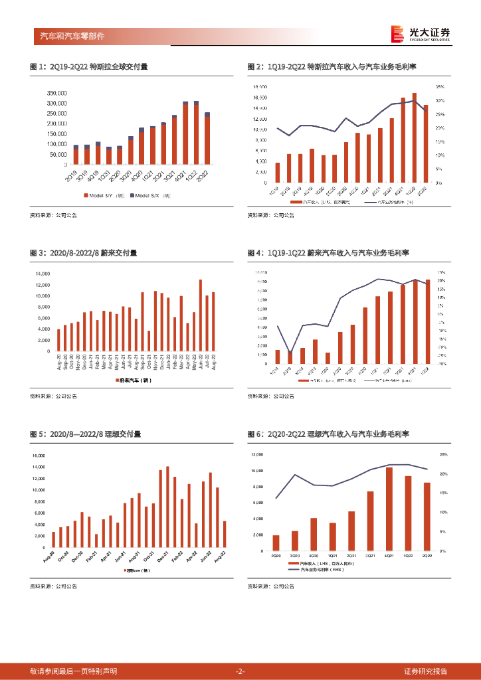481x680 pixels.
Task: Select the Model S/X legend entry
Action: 151,195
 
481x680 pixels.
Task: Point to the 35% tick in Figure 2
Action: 440,87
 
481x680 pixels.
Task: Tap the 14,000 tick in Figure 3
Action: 42,274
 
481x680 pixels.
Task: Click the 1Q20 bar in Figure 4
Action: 328,358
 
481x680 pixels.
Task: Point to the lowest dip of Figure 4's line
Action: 290,353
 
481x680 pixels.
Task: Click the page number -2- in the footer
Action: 241,671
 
